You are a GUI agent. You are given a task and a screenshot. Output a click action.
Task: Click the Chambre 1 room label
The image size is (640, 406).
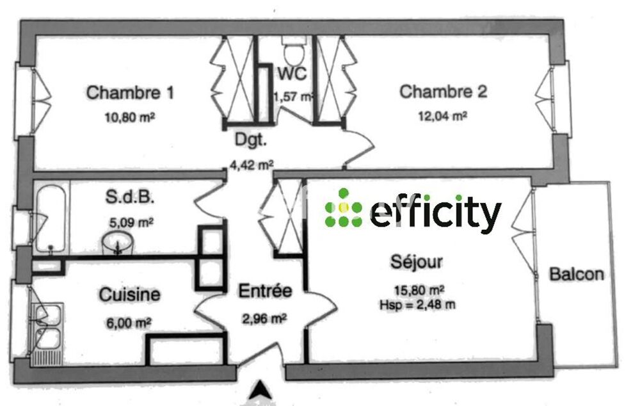[130, 93]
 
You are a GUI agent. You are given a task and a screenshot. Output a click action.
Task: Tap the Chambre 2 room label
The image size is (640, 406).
[444, 92]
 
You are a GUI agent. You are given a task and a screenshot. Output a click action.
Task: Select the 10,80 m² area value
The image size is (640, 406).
[130, 118]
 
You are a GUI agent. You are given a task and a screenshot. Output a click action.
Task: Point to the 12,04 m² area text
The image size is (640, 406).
[443, 116]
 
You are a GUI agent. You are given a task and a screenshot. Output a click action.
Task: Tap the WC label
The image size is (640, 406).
[292, 74]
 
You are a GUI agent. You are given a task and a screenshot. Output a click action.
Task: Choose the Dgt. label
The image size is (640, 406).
[251, 140]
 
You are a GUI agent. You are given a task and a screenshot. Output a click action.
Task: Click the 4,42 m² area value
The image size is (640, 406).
[252, 165]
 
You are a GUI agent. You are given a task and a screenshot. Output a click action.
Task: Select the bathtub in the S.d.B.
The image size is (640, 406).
[51, 218]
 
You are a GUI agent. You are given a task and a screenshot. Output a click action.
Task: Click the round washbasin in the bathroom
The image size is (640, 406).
[118, 243]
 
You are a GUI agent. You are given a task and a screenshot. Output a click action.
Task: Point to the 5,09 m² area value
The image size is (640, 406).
[131, 223]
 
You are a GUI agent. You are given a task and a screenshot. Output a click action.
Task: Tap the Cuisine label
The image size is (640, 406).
[130, 295]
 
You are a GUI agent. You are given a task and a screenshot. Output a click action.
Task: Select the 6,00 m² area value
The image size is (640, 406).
[129, 323]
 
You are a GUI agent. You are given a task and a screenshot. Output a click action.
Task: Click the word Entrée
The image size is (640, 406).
[266, 291]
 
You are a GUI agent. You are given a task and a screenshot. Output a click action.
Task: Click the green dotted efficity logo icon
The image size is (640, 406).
[344, 207]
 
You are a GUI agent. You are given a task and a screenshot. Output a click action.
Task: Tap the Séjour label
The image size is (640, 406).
[417, 262]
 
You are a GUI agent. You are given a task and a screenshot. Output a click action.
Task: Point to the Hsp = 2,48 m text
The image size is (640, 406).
[417, 305]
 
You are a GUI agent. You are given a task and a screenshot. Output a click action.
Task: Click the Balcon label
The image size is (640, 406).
[577, 274]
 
